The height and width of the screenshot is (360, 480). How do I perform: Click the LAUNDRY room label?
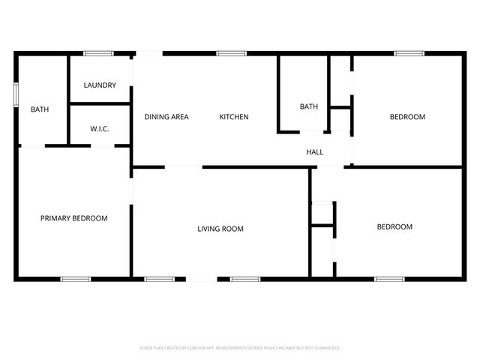pos(100,85)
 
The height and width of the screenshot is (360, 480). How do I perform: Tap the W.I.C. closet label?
pos(100,129)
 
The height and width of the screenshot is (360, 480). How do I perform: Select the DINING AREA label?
pos(166,117)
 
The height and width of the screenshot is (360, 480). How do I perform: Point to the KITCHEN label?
pos(233,117)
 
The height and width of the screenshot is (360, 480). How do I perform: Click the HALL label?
pos(315,152)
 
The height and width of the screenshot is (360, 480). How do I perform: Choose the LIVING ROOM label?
pos(220,229)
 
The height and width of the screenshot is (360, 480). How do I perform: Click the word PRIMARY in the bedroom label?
pos(56,218)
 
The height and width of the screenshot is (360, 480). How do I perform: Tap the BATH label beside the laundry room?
pos(40,109)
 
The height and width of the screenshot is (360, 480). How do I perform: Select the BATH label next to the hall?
pos(309,106)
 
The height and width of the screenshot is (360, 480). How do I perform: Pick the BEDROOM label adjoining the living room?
pos(394,226)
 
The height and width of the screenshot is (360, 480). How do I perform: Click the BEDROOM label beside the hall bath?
pos(407,117)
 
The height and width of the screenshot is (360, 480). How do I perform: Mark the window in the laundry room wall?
pos(97,53)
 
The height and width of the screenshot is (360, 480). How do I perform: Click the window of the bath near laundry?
pos(16,95)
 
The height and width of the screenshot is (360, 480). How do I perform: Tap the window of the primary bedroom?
pos(76,280)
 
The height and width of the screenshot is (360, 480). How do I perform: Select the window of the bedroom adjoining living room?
pos(388,280)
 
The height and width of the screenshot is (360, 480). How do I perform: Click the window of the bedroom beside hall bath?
pos(408,53)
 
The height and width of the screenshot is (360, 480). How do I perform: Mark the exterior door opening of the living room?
pos(202,280)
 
